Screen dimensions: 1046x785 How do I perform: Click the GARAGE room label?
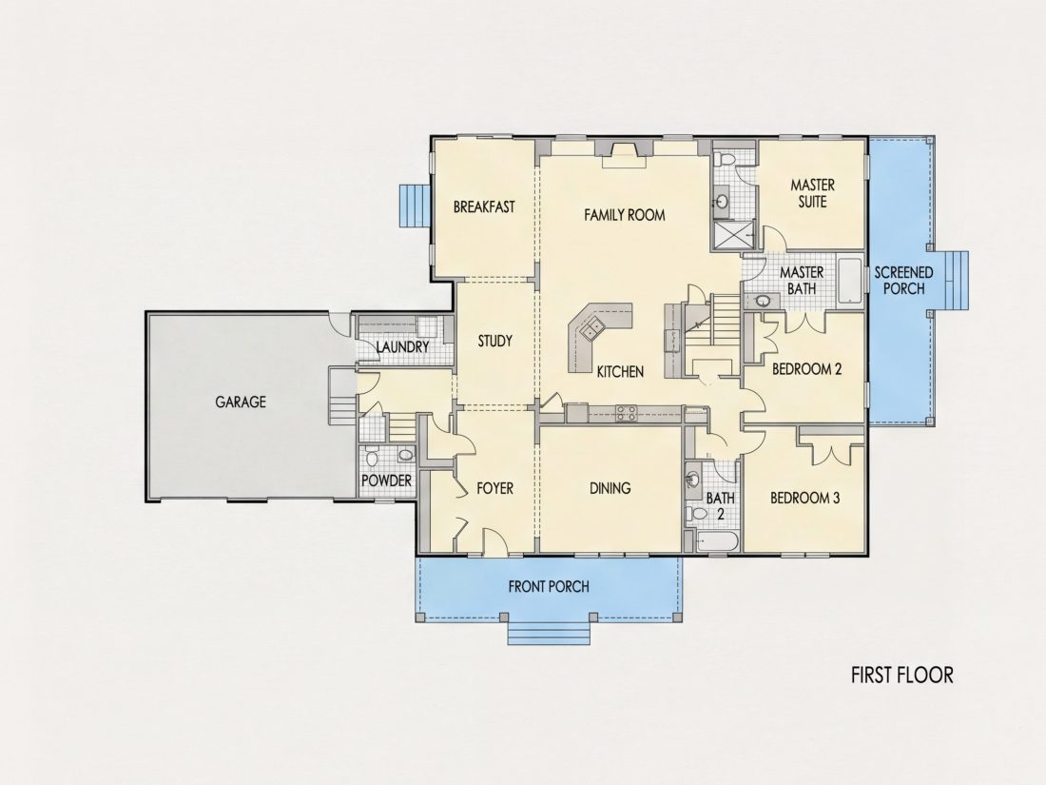coord(241,402)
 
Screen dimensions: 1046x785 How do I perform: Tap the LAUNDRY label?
coord(402,347)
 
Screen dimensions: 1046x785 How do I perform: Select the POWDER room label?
coord(386,481)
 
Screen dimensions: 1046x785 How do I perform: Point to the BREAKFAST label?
coord(484,206)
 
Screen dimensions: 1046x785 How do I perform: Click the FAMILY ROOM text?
coord(625,215)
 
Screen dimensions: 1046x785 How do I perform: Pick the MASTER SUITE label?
coord(812,193)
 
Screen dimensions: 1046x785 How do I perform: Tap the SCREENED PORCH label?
coord(904,281)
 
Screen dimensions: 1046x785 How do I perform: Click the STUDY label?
coord(495,341)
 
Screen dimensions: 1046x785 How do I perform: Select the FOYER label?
coord(495,489)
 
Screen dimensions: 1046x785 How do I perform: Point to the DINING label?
coord(610,488)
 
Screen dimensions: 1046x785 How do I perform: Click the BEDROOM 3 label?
coord(804,498)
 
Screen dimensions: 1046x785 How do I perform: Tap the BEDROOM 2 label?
coord(806,369)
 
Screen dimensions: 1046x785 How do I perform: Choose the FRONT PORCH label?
coord(549,587)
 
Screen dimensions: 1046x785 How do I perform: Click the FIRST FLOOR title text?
coord(901,675)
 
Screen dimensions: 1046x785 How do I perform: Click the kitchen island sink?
coord(591,330)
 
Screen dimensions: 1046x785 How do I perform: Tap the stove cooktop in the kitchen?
coord(626,413)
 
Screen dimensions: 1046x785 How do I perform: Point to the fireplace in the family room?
coord(625,156)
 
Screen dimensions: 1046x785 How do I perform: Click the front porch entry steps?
coord(549,630)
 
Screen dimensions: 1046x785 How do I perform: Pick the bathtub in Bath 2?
coord(717,540)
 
